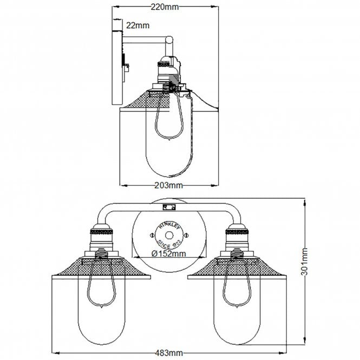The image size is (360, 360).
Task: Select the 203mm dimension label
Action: click(168, 185)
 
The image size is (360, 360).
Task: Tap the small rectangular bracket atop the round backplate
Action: click(168, 207)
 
